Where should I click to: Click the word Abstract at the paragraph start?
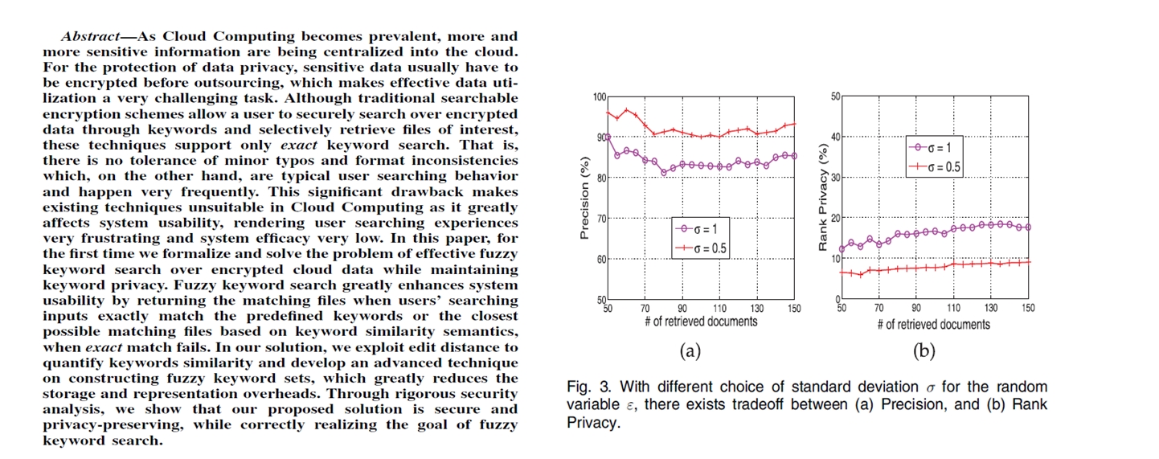[86, 36]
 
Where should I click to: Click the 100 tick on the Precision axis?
[600, 97]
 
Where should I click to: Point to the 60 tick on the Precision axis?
[602, 259]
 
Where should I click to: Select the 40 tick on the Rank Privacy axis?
[835, 137]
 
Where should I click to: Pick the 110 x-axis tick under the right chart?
[953, 308]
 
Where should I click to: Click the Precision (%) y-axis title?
[584, 199]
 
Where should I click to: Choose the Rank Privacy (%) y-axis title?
[822, 198]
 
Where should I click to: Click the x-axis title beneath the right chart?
[933, 324]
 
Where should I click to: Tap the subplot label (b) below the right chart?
[924, 350]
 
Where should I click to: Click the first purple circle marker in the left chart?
[608, 137]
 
